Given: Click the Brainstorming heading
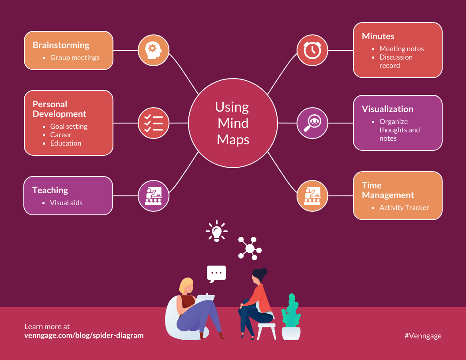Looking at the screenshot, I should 61,45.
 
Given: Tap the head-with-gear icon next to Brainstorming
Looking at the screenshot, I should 154,50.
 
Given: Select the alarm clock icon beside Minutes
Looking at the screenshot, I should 312,50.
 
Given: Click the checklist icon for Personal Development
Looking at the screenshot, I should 154,123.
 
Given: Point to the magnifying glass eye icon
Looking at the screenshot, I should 312,123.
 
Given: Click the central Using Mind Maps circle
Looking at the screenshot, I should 233,123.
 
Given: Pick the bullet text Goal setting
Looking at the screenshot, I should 69,127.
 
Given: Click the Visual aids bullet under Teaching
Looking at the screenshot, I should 66,203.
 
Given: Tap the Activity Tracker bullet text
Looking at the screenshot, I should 404,208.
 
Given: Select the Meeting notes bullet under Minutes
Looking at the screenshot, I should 402,49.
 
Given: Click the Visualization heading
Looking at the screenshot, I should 387,109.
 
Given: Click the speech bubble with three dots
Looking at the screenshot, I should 216,274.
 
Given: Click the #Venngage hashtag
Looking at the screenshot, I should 423,336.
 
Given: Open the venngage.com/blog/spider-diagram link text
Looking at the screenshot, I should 84,335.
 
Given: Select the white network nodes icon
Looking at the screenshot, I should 249,248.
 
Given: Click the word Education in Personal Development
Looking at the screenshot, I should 66,143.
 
